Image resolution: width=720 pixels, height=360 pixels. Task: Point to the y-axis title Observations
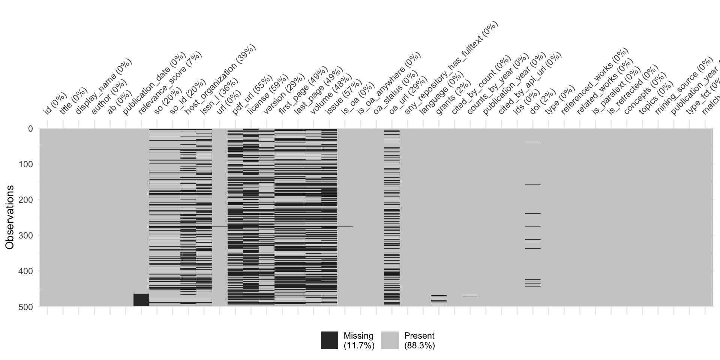pyautogui.click(x=10, y=217)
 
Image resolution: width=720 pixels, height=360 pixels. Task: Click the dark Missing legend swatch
pyautogui.click(x=329, y=340)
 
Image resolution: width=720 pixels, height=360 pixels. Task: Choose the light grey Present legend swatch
pyautogui.click(x=390, y=340)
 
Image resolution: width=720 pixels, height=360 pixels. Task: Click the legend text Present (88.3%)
pyautogui.click(x=419, y=340)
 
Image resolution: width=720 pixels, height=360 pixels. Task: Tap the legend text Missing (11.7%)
pyautogui.click(x=359, y=340)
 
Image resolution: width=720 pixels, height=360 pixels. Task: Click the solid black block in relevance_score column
pyautogui.click(x=141, y=300)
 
